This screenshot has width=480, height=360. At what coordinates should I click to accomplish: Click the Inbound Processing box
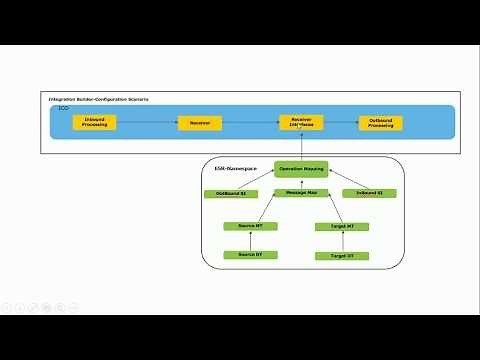coord(95,122)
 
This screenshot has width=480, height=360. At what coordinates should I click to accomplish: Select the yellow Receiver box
coord(198,122)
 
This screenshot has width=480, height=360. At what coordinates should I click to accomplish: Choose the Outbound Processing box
coord(379,122)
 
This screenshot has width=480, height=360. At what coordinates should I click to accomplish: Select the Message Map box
coord(301,191)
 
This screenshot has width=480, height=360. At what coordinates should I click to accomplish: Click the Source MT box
coord(250,226)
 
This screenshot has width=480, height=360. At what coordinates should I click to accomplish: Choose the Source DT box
coord(250,254)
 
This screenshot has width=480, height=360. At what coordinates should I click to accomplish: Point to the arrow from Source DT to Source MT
coord(250,240)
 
